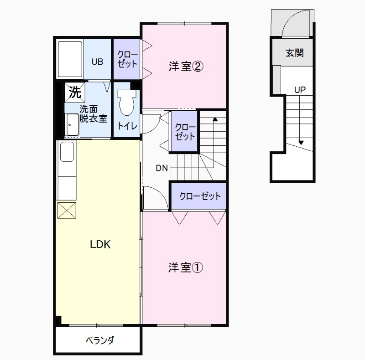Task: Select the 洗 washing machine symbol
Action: (x=74, y=93)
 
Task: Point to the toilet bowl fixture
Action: (x=126, y=103)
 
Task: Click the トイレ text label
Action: (x=126, y=126)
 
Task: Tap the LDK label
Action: (x=100, y=244)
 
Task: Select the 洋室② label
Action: (x=186, y=67)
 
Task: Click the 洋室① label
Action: (x=185, y=267)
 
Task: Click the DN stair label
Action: (x=162, y=168)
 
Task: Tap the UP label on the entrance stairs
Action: (x=300, y=90)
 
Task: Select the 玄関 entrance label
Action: (x=295, y=53)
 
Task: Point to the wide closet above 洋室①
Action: (x=200, y=196)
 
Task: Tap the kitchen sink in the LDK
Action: (x=67, y=152)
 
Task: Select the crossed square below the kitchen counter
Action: (x=67, y=211)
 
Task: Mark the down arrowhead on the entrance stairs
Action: (x=301, y=143)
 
